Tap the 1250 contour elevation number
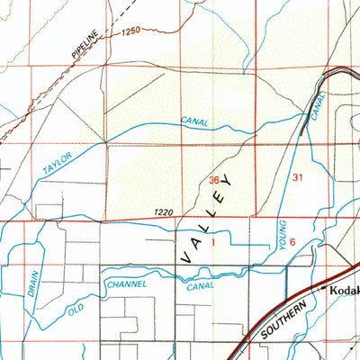coord(130,32)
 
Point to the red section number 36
coord(214,180)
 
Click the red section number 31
coord(297,179)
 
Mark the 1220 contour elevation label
coord(163,212)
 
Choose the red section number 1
coord(214,243)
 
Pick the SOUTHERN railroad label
coord(287,319)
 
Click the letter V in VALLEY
coord(185,257)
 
